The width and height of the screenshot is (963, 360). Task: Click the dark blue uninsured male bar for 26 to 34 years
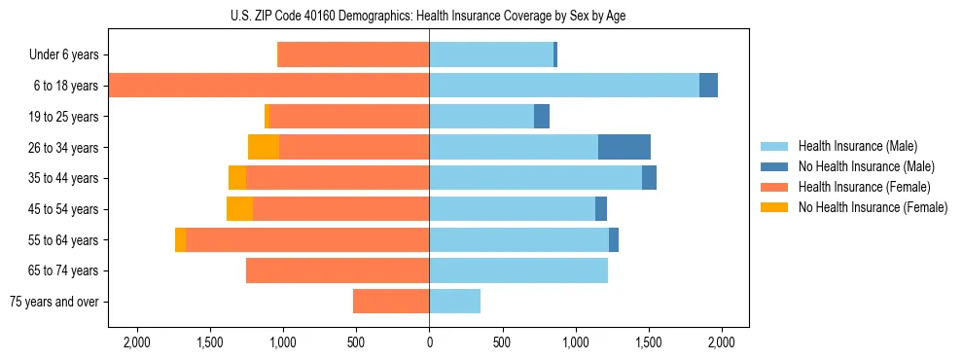[x=624, y=147]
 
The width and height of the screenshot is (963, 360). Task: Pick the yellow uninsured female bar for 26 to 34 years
[x=264, y=147]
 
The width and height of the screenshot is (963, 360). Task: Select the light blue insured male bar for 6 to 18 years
[x=564, y=86]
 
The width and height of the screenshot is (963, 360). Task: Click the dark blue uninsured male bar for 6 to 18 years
[x=708, y=86]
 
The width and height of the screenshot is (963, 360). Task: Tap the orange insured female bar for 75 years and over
[x=391, y=302]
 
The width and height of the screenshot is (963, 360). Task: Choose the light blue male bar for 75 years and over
[x=454, y=302]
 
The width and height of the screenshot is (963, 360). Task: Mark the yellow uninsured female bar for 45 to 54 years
[x=239, y=209]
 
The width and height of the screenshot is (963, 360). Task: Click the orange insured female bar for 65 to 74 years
[x=338, y=270]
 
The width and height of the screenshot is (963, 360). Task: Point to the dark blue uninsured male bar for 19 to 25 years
[x=542, y=117]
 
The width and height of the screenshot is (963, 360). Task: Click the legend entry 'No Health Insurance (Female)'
[x=873, y=207]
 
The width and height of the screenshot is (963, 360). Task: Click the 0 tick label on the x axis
[x=429, y=342]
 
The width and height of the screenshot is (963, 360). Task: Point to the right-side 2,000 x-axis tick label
[x=721, y=342]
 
